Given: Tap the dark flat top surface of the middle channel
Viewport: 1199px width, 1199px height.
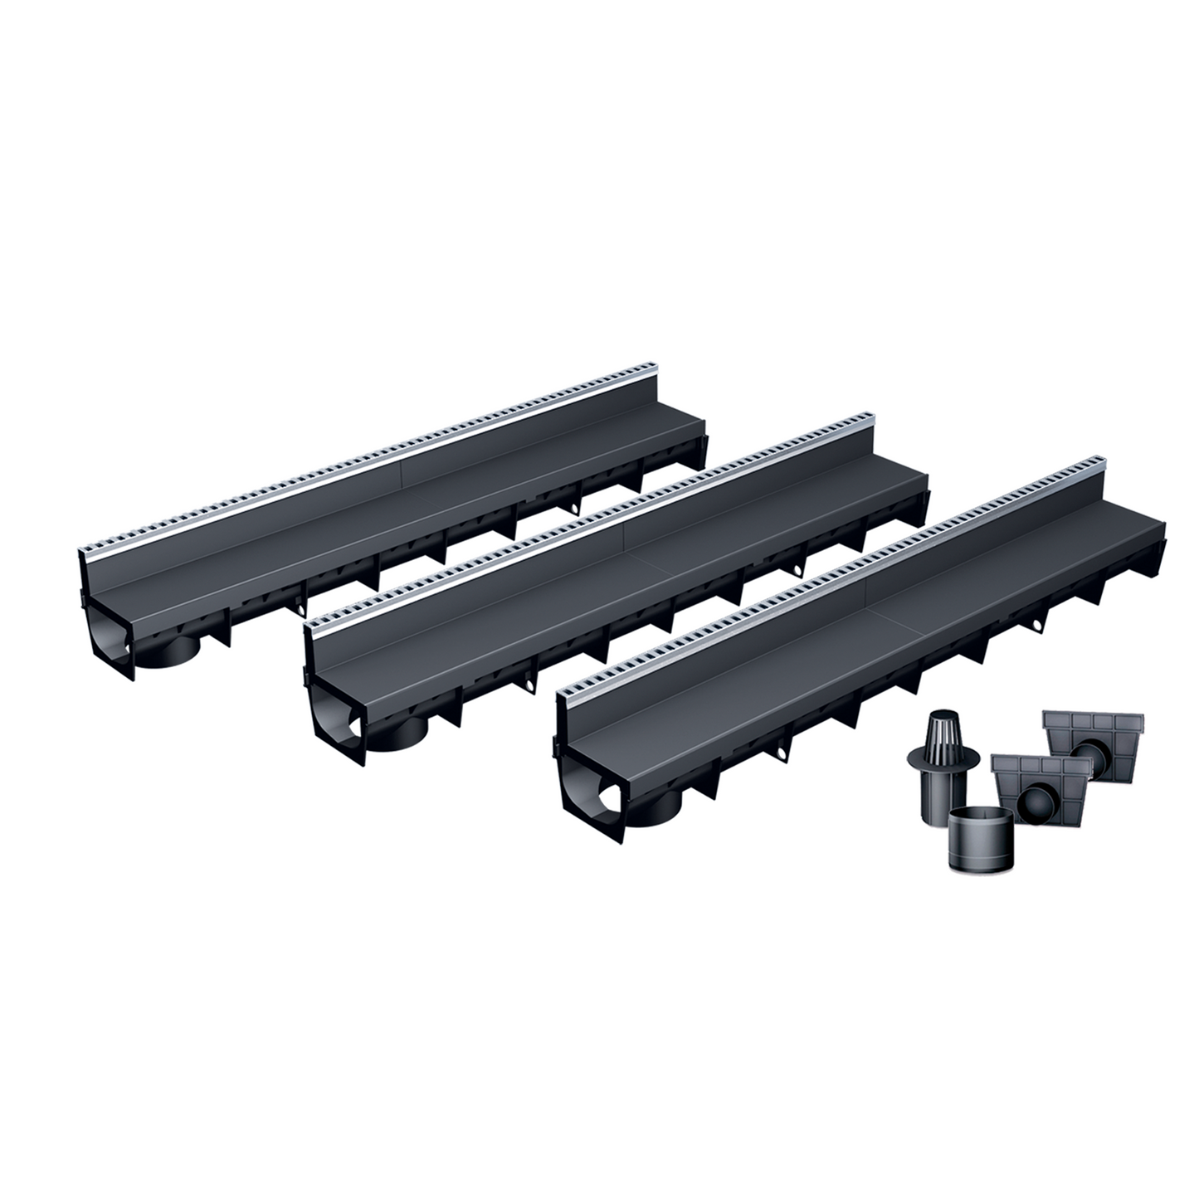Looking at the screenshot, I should coord(631,573).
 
